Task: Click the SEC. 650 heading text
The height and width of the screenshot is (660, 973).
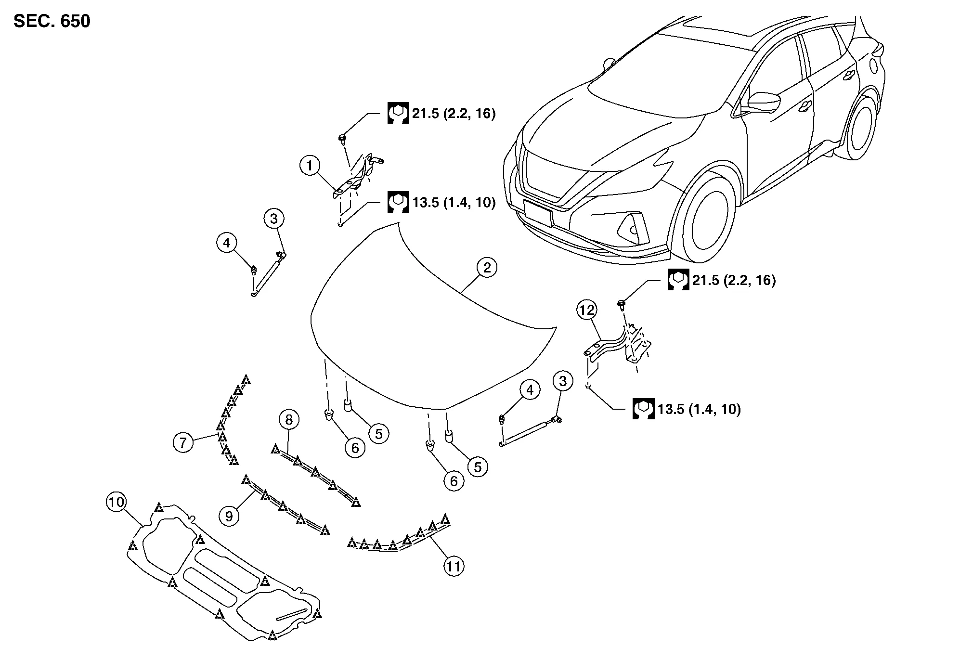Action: [x=52, y=22]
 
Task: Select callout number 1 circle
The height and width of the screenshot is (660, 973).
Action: [x=310, y=166]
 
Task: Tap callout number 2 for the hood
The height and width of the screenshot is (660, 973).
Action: [x=487, y=268]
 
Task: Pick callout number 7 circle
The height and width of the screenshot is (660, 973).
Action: [x=183, y=442]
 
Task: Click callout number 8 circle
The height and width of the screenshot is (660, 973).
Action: [x=289, y=420]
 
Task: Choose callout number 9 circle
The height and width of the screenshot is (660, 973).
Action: [x=229, y=516]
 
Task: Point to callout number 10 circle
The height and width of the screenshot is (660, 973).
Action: [x=116, y=503]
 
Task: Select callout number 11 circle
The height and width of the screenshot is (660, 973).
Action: [x=454, y=567]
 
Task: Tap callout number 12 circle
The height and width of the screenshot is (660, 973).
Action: [x=587, y=311]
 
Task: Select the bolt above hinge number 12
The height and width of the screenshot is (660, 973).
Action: [x=622, y=303]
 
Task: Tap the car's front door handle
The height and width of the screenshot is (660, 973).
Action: [x=804, y=107]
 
